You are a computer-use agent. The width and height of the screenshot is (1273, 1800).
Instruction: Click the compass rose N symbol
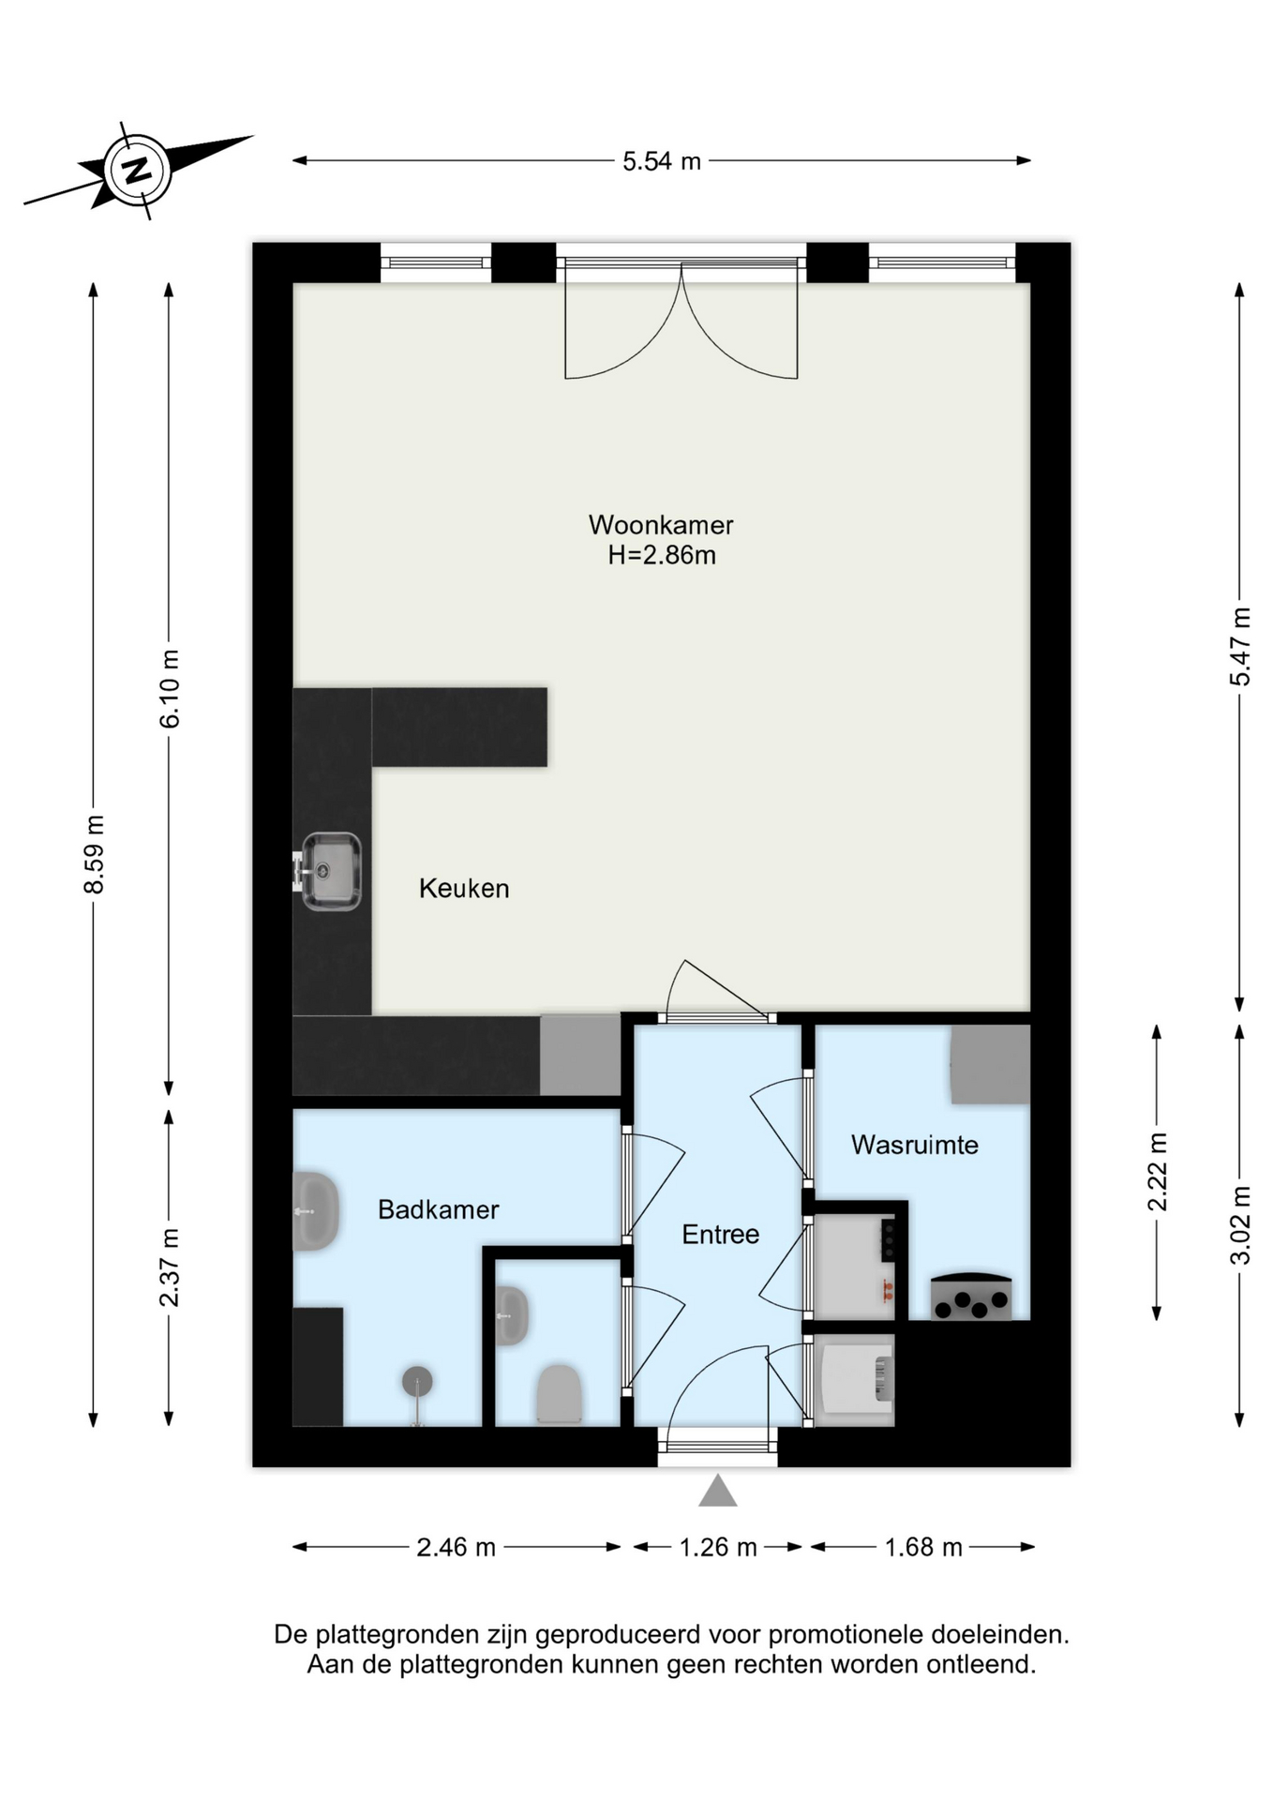click(x=139, y=171)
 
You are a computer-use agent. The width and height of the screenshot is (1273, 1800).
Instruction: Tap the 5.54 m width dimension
click(x=662, y=161)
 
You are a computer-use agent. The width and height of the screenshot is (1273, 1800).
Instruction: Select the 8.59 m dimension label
click(x=94, y=854)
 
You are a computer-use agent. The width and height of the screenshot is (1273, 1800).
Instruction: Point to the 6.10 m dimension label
click(x=170, y=688)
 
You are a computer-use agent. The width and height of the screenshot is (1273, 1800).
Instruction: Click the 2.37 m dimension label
click(x=170, y=1267)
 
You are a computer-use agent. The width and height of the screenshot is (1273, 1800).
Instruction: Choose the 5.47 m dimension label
click(x=1240, y=647)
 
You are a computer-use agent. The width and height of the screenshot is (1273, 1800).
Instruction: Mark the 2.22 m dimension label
click(x=1158, y=1172)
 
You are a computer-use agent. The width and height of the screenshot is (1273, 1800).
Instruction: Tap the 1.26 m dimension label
click(x=718, y=1547)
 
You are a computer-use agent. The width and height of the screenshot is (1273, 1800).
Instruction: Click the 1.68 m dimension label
click(x=923, y=1547)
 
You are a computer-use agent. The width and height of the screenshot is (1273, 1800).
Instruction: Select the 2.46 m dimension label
click(x=457, y=1547)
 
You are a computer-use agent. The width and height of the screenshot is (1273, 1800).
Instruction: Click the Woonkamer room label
click(x=661, y=524)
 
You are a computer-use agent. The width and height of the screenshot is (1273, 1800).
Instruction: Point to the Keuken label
click(x=464, y=888)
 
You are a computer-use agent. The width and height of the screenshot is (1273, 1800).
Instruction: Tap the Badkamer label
click(x=439, y=1209)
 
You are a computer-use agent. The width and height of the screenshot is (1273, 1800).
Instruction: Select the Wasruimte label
click(x=915, y=1145)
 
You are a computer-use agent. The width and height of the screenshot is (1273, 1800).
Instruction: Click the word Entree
click(x=721, y=1234)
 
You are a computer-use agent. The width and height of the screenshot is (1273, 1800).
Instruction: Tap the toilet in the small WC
click(x=560, y=1394)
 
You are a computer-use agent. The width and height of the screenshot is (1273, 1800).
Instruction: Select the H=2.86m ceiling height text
click(x=662, y=555)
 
